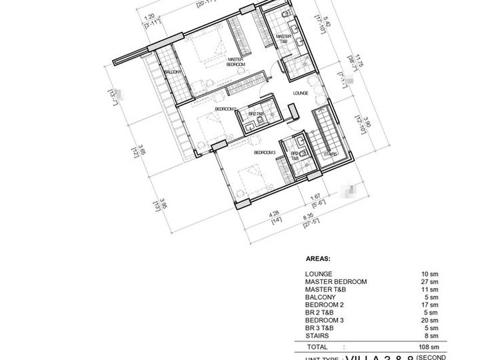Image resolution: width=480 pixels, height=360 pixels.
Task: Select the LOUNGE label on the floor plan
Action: pos(300,94)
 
